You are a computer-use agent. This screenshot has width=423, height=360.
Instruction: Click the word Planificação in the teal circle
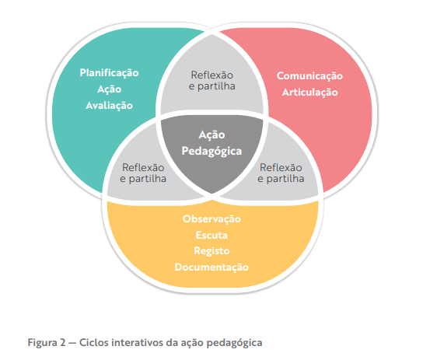coord(110,73)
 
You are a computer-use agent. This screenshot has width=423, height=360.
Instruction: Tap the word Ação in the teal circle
coord(110,89)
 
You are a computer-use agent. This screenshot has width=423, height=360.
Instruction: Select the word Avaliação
coord(110,106)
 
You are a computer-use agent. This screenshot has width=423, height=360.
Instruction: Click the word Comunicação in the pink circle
coord(309,76)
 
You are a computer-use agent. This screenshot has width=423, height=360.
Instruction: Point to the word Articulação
coord(309,93)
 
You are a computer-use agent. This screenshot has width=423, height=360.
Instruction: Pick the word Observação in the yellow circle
coord(211,218)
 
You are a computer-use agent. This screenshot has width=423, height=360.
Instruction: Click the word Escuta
coord(211,235)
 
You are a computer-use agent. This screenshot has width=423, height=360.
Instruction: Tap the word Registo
coord(211,251)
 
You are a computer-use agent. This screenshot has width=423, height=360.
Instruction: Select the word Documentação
coord(211,267)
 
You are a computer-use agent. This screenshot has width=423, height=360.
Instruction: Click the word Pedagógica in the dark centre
coord(211,152)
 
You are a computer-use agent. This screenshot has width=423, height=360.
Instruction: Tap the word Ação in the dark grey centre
coord(211,135)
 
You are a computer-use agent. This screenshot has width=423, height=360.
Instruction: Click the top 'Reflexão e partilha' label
coord(212,81)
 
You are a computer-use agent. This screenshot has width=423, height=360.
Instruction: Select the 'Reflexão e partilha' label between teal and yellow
coord(143,173)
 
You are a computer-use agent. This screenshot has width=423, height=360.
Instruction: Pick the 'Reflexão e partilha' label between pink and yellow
coord(281,173)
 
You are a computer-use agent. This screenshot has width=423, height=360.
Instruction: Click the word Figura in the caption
coord(42,343)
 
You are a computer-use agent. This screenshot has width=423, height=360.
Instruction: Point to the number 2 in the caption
coord(63,343)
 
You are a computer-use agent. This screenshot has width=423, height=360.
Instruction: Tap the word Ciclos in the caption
coord(94,343)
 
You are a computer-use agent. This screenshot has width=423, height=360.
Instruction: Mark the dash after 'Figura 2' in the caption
coord(72,343)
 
